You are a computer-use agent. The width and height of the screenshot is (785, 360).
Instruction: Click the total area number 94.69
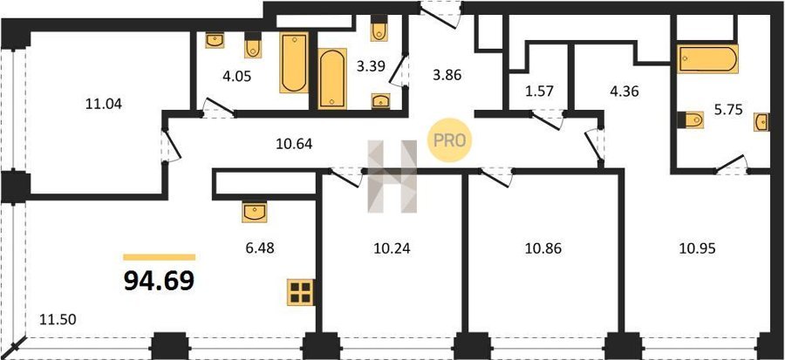(159, 282)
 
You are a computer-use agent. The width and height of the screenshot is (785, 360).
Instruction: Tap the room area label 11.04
(104, 104)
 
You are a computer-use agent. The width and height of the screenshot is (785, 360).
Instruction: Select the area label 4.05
(236, 77)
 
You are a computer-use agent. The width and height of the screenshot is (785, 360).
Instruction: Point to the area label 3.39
(371, 66)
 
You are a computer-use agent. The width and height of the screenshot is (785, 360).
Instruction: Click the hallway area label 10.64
(295, 144)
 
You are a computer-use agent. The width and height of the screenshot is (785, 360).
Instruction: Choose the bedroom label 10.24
(392, 248)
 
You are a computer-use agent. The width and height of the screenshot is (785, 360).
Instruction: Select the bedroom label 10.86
(543, 248)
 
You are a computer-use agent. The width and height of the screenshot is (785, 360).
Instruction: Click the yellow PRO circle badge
(449, 140)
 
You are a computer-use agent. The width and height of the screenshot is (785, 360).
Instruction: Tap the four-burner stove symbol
(300, 292)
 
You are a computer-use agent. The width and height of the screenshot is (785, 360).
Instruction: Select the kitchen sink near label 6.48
(255, 212)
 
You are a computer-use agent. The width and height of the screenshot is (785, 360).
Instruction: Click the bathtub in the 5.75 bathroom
(707, 59)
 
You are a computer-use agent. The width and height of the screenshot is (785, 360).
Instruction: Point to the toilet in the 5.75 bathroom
(691, 120)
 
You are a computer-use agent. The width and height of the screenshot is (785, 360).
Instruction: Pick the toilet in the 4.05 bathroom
(253, 45)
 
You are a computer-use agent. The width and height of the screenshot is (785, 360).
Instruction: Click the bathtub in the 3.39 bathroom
(332, 78)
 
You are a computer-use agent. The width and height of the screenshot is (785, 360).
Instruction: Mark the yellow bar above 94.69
(160, 257)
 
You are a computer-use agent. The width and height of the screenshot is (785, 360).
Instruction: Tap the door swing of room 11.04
(170, 146)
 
